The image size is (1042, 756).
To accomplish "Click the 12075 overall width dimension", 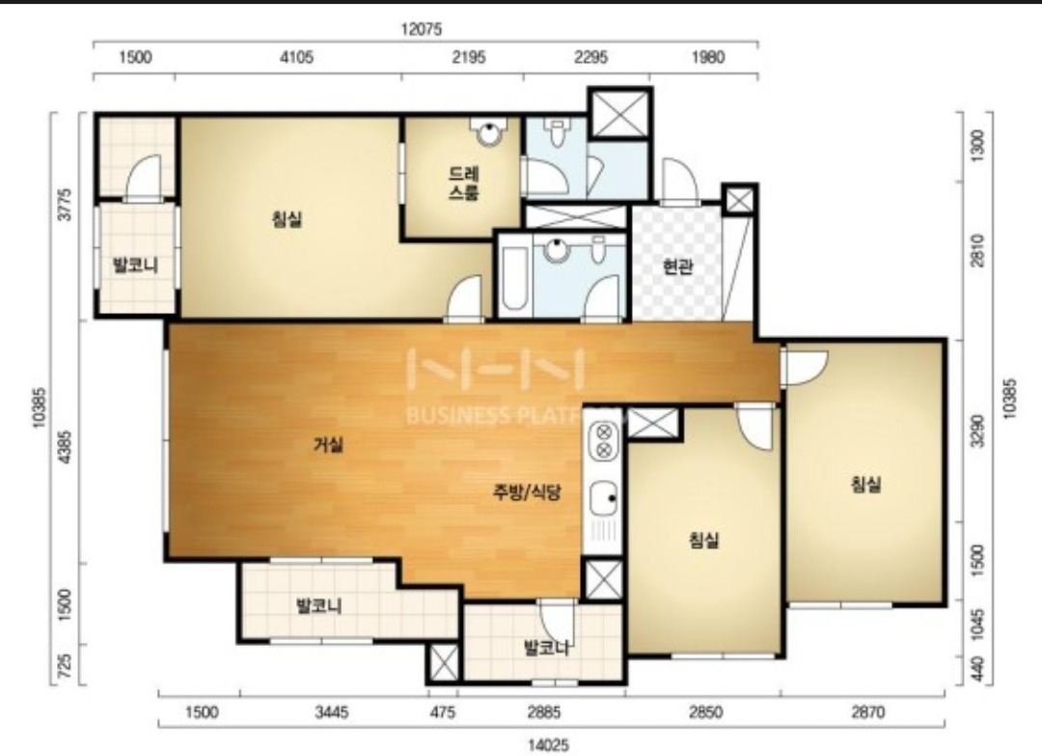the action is click(422, 30).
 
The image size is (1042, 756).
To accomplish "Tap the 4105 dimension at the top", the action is click(296, 57).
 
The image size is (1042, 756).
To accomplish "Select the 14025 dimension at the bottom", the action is click(548, 744).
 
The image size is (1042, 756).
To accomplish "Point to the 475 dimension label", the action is click(443, 713).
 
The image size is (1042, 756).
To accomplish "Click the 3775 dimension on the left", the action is click(65, 204).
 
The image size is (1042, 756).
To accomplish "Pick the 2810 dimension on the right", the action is click(976, 251).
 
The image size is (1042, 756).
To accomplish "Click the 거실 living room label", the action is click(328, 445).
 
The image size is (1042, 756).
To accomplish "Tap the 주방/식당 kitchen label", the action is click(527, 492).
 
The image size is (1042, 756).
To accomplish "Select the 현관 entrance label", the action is click(677, 266).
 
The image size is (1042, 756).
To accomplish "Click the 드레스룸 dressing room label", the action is click(464, 183).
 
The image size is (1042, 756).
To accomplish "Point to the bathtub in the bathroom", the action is click(514, 279).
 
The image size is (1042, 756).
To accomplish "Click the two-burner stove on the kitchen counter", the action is click(603, 440).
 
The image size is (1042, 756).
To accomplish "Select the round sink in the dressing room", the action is click(489, 133).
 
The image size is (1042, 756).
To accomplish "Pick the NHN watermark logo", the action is click(495, 370).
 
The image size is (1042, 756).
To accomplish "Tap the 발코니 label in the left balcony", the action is click(136, 266).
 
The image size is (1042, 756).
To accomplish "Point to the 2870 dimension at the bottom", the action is click(867, 713).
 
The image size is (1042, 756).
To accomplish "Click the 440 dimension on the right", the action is click(976, 670).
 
